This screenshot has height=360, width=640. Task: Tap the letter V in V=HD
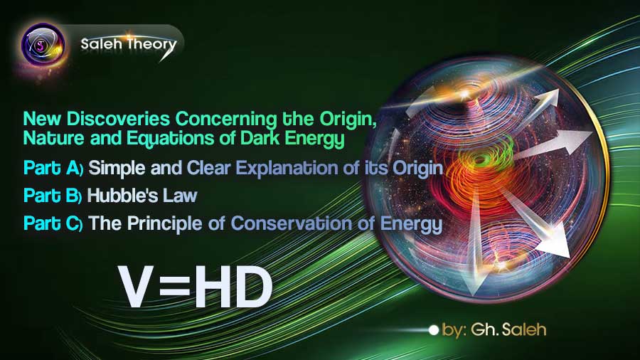[136, 285]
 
